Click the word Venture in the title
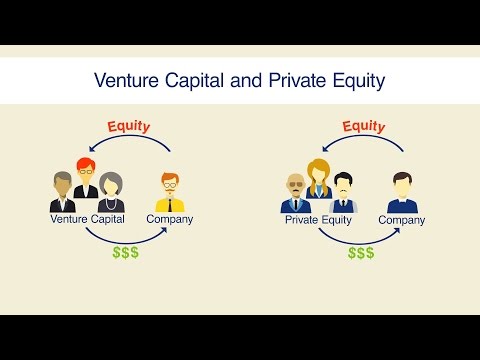coord(125,78)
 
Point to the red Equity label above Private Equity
coord(364,126)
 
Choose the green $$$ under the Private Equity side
coord(361,252)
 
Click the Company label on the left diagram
coord(170,218)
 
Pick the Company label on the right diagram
coord(402,219)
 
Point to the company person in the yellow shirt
coord(169,192)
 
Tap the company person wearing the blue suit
coord(402,192)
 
